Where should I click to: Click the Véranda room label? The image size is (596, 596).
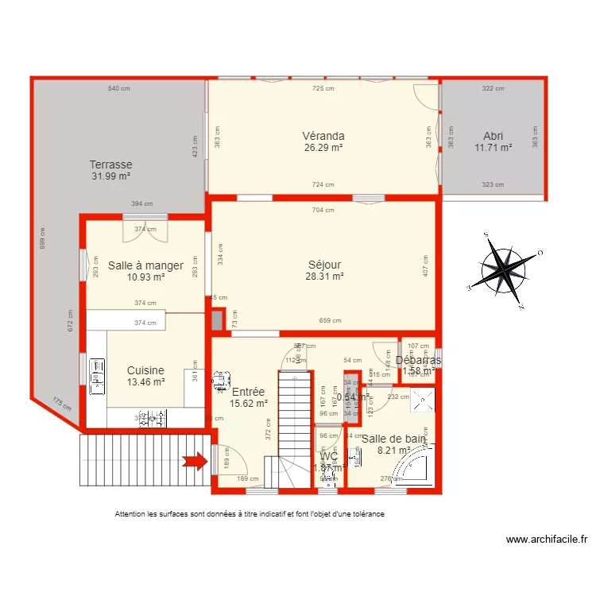[x=323, y=135]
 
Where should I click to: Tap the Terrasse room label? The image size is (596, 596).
[x=110, y=164]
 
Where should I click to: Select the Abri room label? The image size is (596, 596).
[x=493, y=135]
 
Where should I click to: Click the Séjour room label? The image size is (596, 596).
[x=324, y=265]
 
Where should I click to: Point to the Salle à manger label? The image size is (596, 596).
[x=145, y=265]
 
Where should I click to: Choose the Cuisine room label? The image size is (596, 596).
[x=145, y=370]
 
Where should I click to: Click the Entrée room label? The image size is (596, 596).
[x=248, y=391]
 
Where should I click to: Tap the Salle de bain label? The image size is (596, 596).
[x=394, y=438]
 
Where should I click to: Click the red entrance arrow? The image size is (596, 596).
[x=194, y=460]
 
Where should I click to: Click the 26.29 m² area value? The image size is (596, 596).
[x=323, y=147]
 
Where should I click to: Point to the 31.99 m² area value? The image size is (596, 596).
[x=110, y=176]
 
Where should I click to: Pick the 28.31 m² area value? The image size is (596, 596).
[x=324, y=277]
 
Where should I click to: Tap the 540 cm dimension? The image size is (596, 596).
[x=119, y=88]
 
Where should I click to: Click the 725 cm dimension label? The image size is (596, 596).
[x=323, y=88]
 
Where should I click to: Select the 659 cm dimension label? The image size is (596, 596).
[x=330, y=321]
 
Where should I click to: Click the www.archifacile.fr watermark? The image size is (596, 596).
[x=547, y=540]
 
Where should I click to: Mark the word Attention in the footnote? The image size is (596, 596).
[x=130, y=514]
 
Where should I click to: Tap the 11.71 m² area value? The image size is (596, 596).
[x=493, y=147]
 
